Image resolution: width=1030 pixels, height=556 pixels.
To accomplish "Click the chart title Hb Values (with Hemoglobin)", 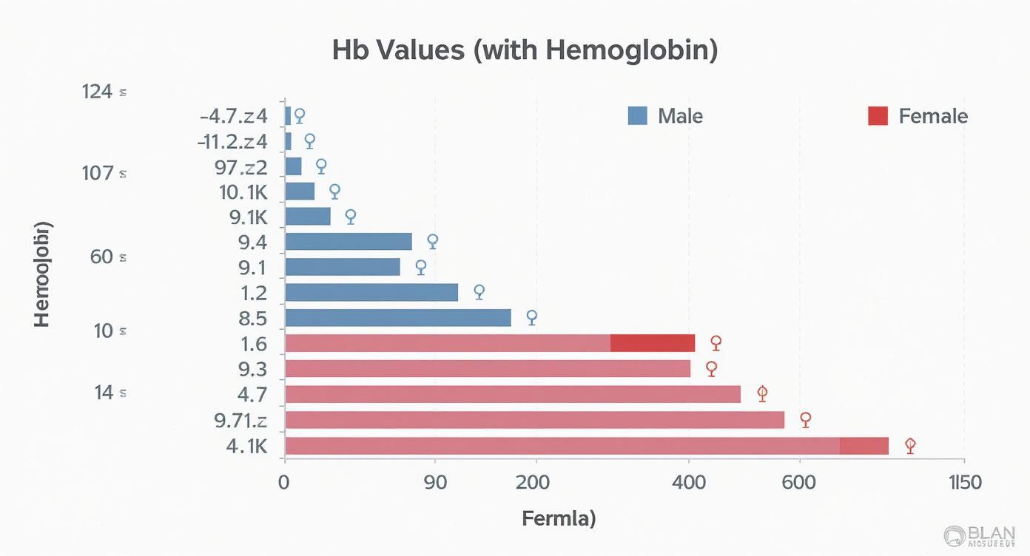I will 525,50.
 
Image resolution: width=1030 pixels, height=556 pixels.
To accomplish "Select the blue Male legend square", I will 637,115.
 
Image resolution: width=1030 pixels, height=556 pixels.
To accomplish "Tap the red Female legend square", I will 877,115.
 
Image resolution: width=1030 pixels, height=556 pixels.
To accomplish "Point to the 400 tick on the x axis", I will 689,483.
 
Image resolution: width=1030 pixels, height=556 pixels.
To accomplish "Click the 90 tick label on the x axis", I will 435,483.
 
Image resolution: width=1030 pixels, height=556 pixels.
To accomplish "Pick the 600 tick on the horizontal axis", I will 798,483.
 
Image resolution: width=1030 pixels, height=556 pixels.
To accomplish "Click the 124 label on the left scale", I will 98,92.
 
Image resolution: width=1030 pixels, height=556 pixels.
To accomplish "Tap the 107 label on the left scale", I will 98,174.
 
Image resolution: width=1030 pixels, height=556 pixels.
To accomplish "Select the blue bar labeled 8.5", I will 397,318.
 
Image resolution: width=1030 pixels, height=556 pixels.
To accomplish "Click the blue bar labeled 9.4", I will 348,242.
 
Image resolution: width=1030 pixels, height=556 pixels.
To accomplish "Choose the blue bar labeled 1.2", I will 371,292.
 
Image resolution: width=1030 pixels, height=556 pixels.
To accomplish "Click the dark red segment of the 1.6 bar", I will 653,343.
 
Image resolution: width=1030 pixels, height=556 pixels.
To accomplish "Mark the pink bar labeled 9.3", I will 487,368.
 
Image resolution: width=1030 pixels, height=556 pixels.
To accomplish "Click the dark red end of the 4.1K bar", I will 864,446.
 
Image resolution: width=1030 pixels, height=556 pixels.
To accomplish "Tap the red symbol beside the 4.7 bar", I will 762,394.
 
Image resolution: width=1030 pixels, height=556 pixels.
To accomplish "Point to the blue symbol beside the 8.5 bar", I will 531,317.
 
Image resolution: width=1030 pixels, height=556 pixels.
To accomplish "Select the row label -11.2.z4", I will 232,141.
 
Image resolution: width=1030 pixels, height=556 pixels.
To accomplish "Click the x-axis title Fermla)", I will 559,518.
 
